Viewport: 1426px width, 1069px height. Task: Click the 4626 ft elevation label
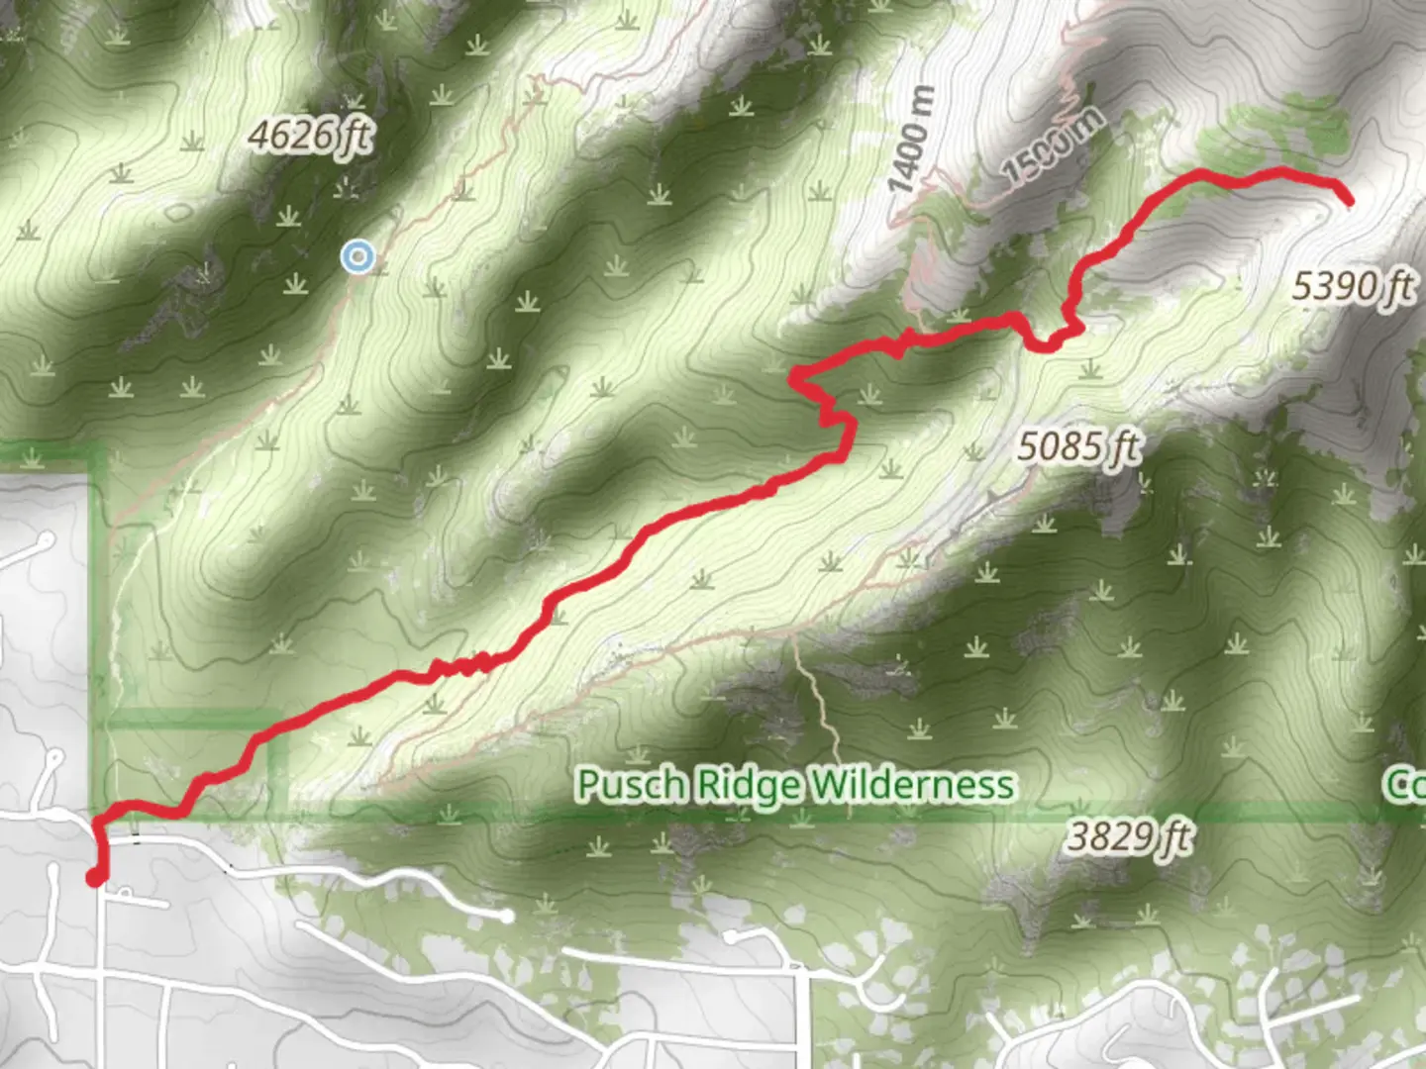click(x=310, y=135)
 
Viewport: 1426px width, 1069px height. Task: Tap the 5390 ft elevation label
click(x=1353, y=287)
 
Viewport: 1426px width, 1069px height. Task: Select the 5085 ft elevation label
click(x=1078, y=447)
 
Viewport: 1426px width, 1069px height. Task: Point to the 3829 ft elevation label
click(x=1129, y=838)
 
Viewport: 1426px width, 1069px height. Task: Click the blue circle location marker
click(x=356, y=258)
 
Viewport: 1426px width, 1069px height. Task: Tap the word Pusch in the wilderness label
click(x=630, y=785)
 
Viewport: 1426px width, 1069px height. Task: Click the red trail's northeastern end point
click(x=1348, y=201)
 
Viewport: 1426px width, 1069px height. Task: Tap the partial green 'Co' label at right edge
click(x=1404, y=785)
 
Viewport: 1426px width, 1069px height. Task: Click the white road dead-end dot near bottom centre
click(x=507, y=917)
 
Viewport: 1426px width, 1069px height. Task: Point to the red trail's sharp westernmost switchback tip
click(x=793, y=376)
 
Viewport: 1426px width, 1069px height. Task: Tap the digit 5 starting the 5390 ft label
click(x=1303, y=287)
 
